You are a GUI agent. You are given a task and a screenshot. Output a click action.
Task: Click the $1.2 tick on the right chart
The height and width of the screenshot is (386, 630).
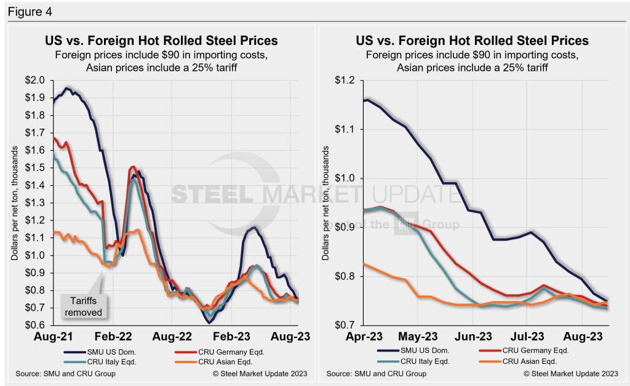[346, 80]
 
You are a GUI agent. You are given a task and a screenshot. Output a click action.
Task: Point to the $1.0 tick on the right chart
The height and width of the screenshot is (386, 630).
[346, 178]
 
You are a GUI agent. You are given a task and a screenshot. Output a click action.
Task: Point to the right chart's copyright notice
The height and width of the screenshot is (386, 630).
[571, 374]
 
